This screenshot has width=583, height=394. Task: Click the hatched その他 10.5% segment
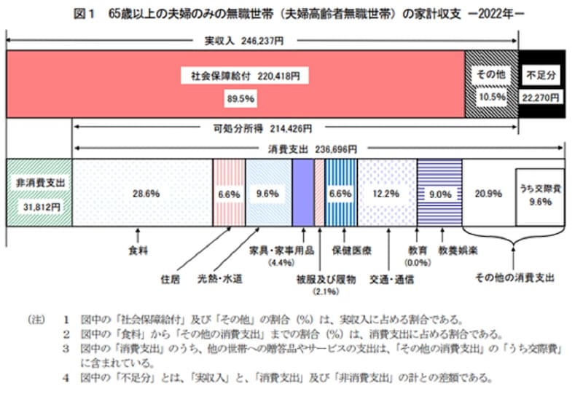click(x=491, y=84)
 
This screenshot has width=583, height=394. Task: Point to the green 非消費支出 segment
click(x=39, y=194)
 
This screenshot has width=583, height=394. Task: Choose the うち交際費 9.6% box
click(x=540, y=194)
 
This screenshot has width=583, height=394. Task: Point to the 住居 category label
click(x=169, y=278)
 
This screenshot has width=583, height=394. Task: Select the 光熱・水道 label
click(x=219, y=278)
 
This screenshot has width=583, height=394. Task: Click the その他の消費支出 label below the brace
click(x=514, y=277)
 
